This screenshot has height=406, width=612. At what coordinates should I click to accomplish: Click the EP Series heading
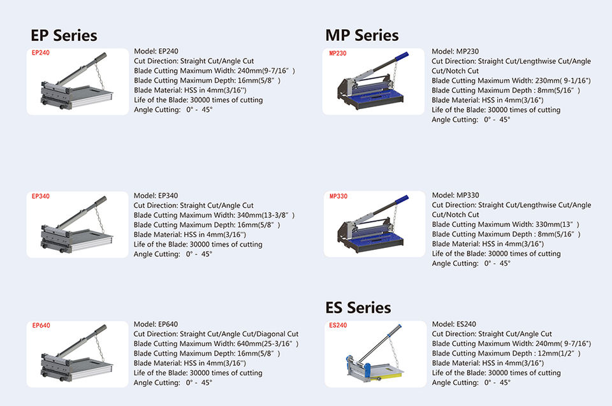click(64, 35)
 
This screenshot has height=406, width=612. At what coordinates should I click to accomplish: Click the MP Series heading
click(361, 35)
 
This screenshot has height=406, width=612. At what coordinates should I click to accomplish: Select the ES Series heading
click(358, 308)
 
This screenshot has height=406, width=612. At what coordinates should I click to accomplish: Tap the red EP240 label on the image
click(40, 53)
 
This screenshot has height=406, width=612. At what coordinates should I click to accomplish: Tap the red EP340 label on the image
click(40, 196)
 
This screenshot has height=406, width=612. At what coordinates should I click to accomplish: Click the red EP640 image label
click(41, 326)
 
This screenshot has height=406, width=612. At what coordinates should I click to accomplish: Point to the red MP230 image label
click(338, 54)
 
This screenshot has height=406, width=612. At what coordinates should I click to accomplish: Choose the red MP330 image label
click(339, 196)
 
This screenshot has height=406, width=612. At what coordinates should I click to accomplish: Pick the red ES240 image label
click(338, 325)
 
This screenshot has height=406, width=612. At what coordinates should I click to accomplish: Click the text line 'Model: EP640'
click(156, 324)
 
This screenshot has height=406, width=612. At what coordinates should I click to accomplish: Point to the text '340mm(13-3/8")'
click(270, 215)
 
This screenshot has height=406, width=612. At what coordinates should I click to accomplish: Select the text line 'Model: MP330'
click(455, 195)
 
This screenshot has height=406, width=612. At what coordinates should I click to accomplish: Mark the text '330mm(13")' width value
click(557, 224)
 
